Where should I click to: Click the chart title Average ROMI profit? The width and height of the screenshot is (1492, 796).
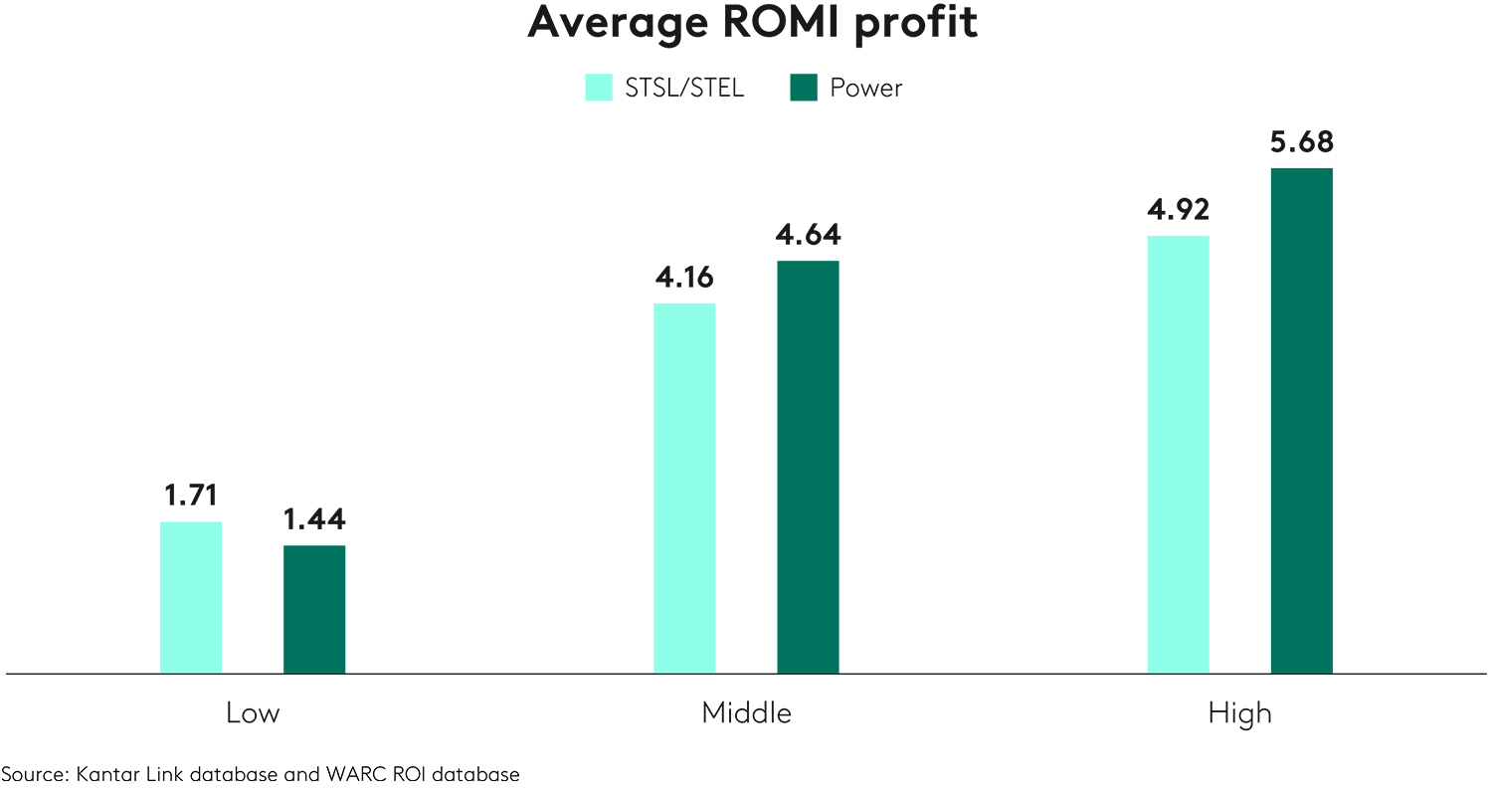click(x=752, y=22)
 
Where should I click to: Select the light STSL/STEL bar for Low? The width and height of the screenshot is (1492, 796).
click(x=191, y=597)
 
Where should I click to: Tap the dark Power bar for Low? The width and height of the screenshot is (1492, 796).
click(x=314, y=609)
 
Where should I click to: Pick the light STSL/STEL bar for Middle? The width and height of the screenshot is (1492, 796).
click(x=684, y=488)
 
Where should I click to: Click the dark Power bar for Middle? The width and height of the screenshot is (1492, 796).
click(x=808, y=467)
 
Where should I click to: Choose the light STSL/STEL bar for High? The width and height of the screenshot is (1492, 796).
click(x=1178, y=454)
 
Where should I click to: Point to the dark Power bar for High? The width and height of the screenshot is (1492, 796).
click(x=1301, y=420)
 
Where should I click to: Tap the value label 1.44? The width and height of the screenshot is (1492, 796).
click(x=314, y=519)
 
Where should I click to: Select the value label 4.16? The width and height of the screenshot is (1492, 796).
click(x=684, y=278)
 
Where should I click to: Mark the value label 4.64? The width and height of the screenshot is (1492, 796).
click(x=809, y=235)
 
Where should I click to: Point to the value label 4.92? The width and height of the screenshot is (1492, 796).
click(x=1178, y=210)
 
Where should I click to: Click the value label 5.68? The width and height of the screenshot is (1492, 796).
click(x=1301, y=142)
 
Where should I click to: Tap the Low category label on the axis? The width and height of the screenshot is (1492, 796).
click(x=253, y=713)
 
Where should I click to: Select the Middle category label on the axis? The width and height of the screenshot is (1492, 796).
click(x=746, y=713)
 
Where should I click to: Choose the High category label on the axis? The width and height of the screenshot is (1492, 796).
click(x=1239, y=713)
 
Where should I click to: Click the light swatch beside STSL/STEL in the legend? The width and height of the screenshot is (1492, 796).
click(x=599, y=88)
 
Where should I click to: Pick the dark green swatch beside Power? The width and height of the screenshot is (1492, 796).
click(x=803, y=88)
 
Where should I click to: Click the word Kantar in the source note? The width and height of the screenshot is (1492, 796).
click(x=104, y=774)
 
